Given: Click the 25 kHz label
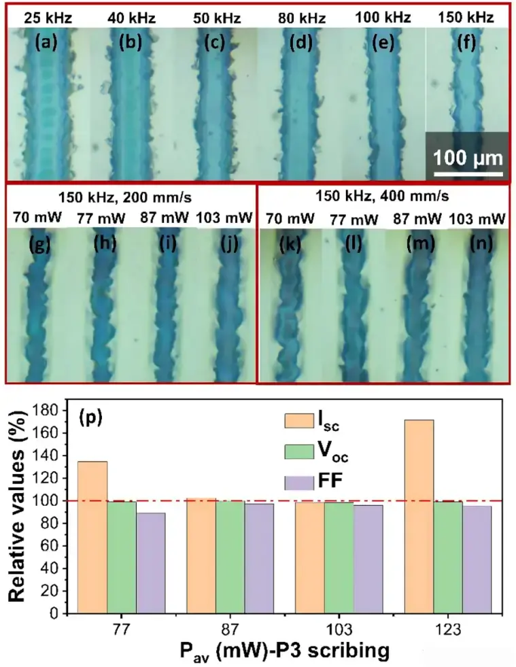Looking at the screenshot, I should tap(45, 18).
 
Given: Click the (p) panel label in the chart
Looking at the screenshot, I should tap(90, 417).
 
